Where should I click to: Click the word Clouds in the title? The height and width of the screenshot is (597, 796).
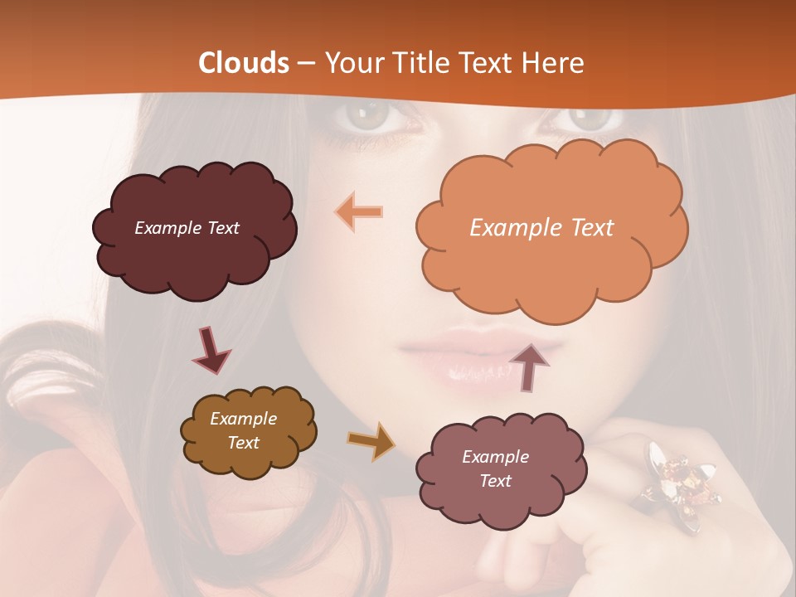pos(244,63)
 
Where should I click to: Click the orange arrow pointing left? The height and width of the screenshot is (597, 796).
pos(359,211)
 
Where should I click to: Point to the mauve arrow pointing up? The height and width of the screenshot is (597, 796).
pos(530,366)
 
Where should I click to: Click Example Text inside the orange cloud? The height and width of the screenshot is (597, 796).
pos(541,228)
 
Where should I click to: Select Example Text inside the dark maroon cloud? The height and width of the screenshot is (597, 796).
pos(187,228)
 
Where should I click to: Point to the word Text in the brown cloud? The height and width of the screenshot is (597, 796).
pos(244,443)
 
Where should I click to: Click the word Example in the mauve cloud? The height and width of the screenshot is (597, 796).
pos(495,457)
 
